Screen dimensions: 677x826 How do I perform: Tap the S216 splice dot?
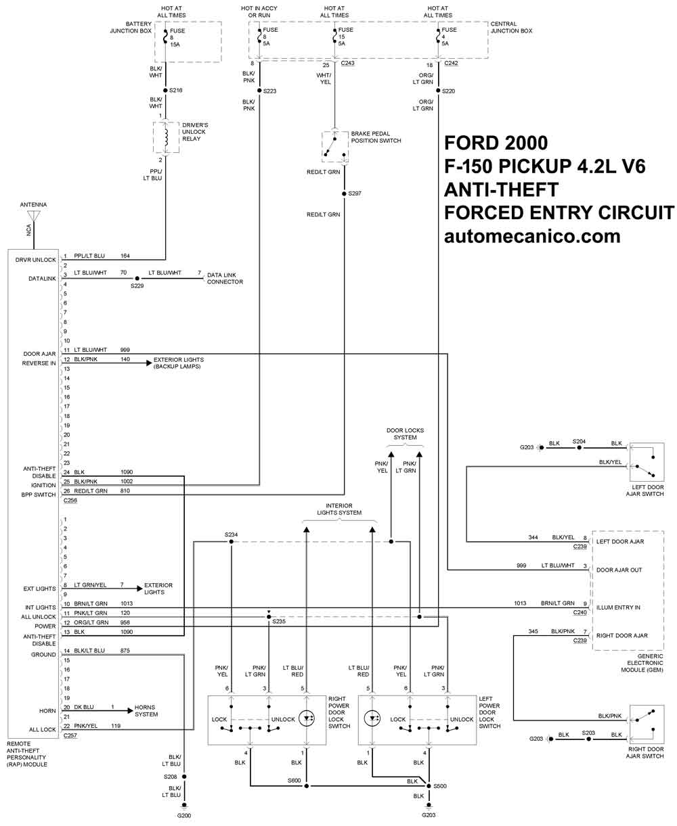pyautogui.click(x=165, y=91)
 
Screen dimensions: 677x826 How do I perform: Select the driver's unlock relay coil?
pyautogui.click(x=166, y=137)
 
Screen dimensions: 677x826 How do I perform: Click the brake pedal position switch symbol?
pyautogui.click(x=334, y=147)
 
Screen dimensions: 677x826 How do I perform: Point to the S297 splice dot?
pyautogui.click(x=344, y=193)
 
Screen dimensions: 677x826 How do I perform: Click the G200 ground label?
pyautogui.click(x=184, y=815)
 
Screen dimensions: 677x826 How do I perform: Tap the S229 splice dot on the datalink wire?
pyautogui.click(x=137, y=279)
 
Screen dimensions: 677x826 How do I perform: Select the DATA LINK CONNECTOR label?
pyautogui.click(x=225, y=279)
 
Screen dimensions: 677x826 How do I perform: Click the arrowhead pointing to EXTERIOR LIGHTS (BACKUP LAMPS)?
pyautogui.click(x=149, y=363)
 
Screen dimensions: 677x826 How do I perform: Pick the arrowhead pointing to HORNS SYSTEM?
pyautogui.click(x=131, y=710)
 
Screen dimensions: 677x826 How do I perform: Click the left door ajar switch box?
pyautogui.click(x=647, y=462)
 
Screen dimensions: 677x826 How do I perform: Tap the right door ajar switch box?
pyautogui.click(x=647, y=724)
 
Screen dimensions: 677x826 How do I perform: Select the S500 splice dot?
pyautogui.click(x=429, y=786)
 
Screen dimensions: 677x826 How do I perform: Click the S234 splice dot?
pyautogui.click(x=232, y=542)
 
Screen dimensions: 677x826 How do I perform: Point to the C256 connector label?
pyautogui.click(x=70, y=500)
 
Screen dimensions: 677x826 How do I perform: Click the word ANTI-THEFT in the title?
pyautogui.click(x=501, y=190)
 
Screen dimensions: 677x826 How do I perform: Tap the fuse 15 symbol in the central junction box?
pyautogui.click(x=334, y=37)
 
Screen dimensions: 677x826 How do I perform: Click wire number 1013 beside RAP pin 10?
pyautogui.click(x=127, y=603)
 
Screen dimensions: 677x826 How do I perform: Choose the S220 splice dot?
pyautogui.click(x=438, y=91)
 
